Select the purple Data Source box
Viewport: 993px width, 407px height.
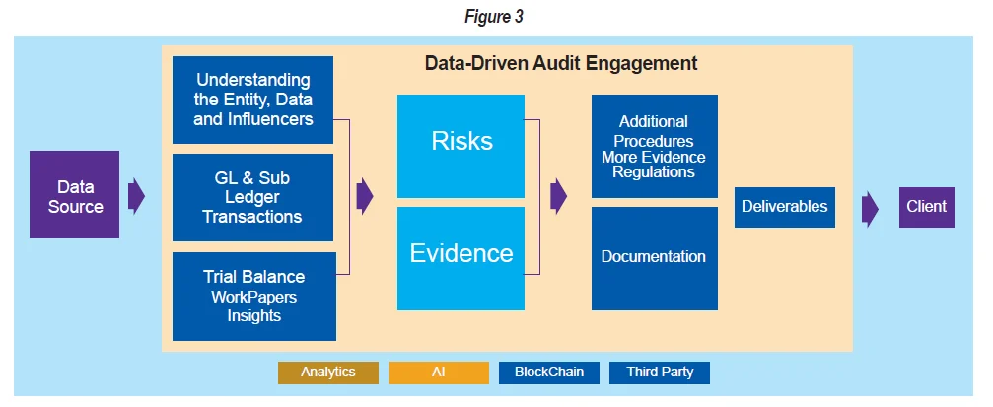click(x=75, y=195)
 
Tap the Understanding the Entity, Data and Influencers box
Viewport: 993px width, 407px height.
click(x=252, y=100)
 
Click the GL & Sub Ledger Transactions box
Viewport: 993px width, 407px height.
click(x=252, y=197)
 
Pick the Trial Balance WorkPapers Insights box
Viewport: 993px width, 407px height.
click(x=252, y=296)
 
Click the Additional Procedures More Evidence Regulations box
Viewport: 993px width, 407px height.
click(x=654, y=147)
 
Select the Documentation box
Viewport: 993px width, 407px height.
click(x=654, y=256)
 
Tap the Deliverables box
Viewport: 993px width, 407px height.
click(x=784, y=207)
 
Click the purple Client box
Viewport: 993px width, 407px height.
click(x=927, y=207)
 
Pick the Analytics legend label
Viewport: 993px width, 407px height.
click(x=328, y=373)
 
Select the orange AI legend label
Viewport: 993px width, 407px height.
click(x=439, y=373)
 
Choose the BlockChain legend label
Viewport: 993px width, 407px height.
click(x=549, y=373)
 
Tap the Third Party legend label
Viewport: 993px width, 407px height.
click(x=660, y=373)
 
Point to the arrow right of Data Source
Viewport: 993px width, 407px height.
click(x=136, y=195)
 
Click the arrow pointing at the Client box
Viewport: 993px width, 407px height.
click(x=870, y=208)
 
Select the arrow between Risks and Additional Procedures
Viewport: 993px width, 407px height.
click(x=559, y=195)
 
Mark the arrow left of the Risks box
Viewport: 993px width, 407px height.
click(x=365, y=195)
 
